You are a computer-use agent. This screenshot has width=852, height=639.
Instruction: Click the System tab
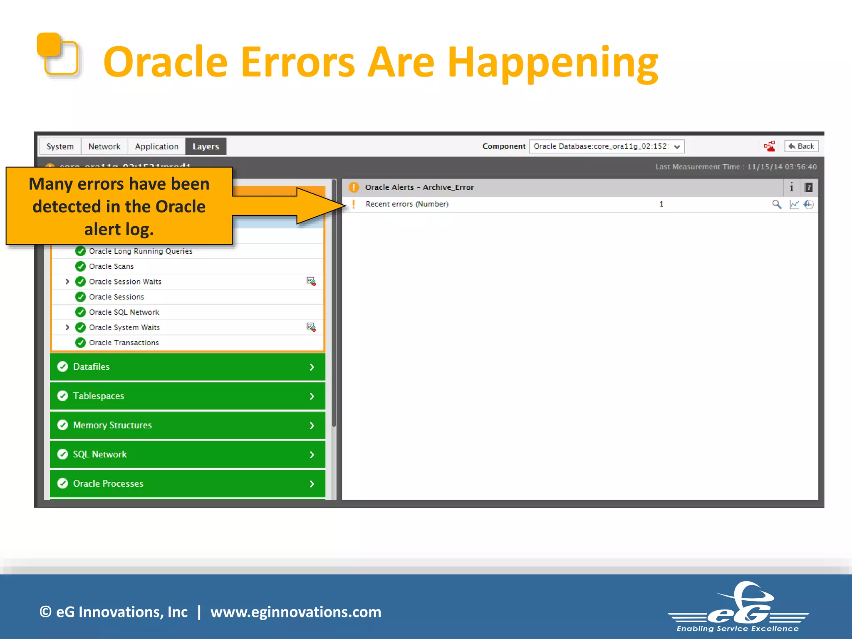60,146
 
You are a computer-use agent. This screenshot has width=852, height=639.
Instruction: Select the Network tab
104,146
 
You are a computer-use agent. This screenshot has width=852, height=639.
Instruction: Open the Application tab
156,146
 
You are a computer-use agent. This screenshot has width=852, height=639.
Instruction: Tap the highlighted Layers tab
206,146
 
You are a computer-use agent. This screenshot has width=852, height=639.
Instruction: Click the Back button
801,146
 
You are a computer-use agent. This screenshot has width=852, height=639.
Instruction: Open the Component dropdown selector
607,146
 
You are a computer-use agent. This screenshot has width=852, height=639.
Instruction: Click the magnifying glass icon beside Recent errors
776,204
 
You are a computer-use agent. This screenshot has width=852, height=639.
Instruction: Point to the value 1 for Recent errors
661,204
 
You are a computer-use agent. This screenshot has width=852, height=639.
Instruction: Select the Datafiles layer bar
187,367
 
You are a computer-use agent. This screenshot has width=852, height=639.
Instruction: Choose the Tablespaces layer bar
187,396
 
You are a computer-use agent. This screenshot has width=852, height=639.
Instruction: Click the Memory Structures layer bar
187,425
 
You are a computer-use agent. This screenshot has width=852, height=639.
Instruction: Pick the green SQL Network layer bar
187,454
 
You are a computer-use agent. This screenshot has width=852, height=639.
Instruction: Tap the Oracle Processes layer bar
187,483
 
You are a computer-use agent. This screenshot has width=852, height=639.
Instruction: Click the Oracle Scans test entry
111,266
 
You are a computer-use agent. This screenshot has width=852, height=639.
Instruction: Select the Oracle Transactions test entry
124,343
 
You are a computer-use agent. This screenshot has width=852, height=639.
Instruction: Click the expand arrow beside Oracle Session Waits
67,282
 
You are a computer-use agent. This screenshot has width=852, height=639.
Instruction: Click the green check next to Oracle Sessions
80,297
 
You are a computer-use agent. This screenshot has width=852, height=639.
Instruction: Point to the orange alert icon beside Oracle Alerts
354,187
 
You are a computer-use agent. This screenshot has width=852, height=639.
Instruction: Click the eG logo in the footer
738,607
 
